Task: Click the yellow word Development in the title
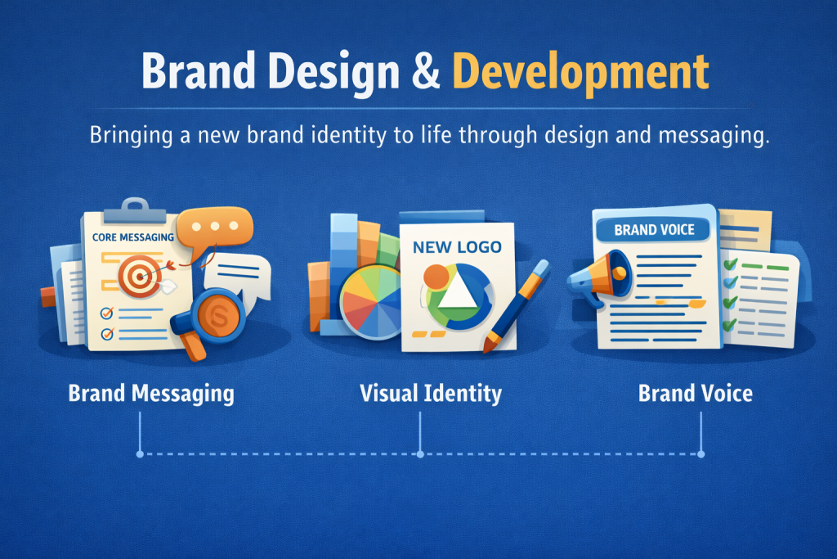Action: click(581, 72)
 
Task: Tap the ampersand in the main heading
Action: click(426, 70)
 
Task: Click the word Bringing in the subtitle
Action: click(132, 136)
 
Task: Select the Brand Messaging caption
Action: click(151, 394)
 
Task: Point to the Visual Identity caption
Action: click(431, 394)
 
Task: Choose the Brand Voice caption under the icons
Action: click(696, 394)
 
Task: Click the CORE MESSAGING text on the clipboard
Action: click(133, 237)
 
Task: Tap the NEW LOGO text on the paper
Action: click(457, 247)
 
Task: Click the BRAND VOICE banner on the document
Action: click(654, 230)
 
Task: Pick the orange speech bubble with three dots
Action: click(215, 228)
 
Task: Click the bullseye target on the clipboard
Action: click(140, 276)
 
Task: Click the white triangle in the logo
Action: click(458, 291)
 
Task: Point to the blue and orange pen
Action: click(515, 306)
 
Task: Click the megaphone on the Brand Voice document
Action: click(599, 278)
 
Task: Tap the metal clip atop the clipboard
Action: click(135, 212)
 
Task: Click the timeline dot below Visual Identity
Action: click(420, 454)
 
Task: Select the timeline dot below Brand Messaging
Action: click(140, 454)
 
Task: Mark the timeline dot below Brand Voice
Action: click(700, 454)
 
